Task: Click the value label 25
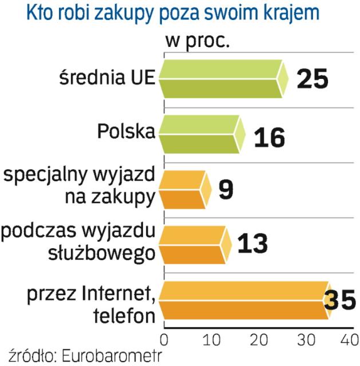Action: coord(312,78)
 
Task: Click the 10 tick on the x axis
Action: coord(213,339)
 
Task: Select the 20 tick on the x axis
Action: coord(262,339)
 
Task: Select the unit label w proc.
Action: coord(194,42)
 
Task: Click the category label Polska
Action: coord(126,132)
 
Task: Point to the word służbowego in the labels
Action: coord(109,254)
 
